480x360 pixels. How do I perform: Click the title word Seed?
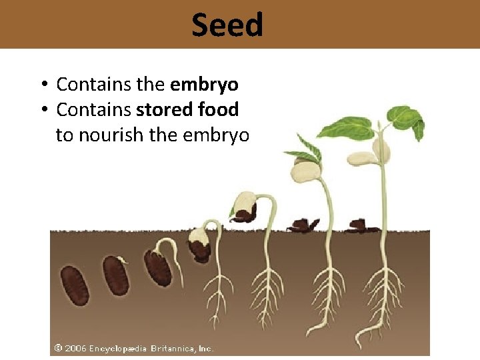(x=227, y=25)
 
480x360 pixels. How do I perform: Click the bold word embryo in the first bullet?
(x=205, y=85)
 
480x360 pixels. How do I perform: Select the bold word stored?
(x=166, y=109)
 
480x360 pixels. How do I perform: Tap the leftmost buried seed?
(x=73, y=285)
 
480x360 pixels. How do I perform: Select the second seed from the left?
(x=116, y=275)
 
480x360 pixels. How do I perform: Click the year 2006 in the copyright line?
(x=75, y=349)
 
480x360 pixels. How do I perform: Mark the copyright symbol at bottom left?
(x=59, y=349)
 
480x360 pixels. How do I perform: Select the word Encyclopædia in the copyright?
(x=118, y=349)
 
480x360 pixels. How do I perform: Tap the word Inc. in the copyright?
(x=206, y=349)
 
